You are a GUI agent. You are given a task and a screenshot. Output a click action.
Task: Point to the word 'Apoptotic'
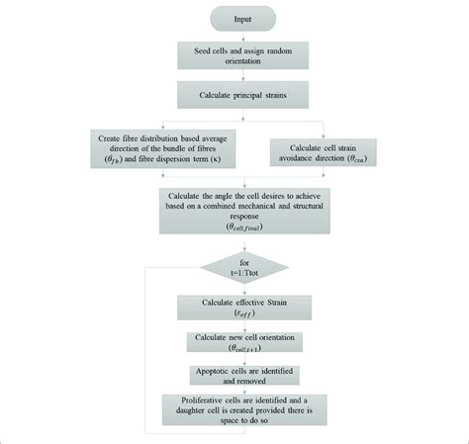[212, 371]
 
